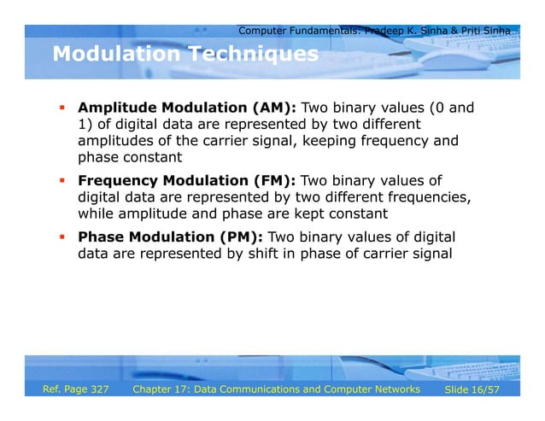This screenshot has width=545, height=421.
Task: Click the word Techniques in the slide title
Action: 253,55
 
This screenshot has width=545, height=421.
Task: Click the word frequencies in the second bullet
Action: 426,197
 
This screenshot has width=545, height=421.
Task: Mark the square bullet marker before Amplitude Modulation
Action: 62,109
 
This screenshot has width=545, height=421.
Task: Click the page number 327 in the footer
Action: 96,390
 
